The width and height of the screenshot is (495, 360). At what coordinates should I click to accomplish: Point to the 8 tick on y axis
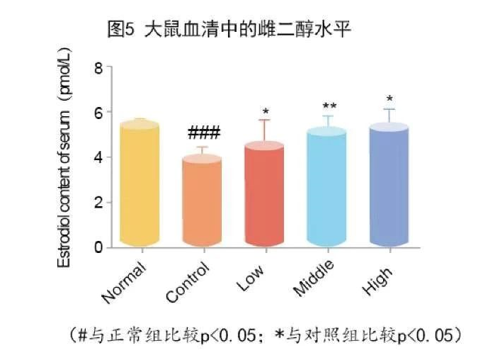[98, 68]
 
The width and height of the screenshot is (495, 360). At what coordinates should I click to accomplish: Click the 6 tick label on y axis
[98, 113]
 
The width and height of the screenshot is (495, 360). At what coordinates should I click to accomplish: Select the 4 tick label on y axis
[98, 157]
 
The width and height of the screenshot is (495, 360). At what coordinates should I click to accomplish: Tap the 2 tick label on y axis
[98, 203]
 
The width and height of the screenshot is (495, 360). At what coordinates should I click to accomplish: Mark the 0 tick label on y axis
[98, 247]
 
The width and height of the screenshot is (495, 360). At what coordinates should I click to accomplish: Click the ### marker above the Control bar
[204, 133]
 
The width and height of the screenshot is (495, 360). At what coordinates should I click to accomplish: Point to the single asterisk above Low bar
[265, 112]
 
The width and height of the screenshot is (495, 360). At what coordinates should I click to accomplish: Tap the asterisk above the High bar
[389, 99]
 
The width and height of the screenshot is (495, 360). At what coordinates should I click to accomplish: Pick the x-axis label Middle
[314, 279]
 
